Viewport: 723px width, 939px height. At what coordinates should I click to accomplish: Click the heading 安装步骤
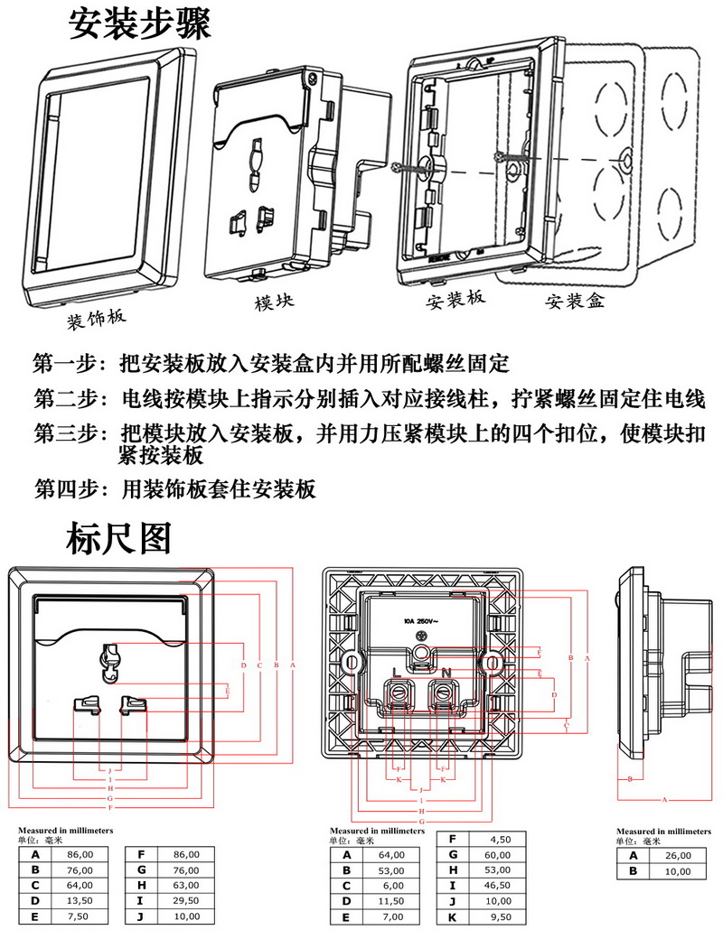tap(140, 25)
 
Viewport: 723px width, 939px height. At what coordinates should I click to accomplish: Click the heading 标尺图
tap(118, 539)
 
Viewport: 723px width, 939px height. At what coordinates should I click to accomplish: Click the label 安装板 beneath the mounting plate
tap(455, 298)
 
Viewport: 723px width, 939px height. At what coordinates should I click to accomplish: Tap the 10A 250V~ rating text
tap(421, 622)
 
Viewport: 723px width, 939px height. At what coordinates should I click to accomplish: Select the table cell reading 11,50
tap(391, 901)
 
